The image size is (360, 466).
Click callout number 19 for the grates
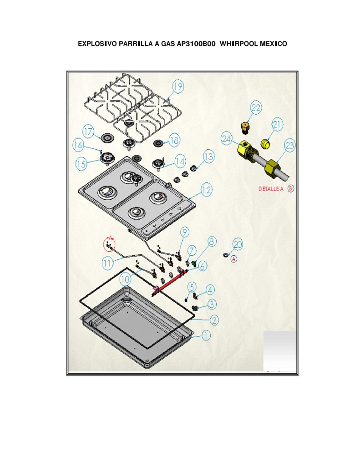(178, 87)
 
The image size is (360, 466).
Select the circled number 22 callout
(256, 107)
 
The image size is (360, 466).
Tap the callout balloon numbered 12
(206, 190)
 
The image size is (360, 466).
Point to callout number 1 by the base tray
(206, 335)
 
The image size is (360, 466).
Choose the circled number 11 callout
(107, 263)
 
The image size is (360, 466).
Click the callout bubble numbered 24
(227, 139)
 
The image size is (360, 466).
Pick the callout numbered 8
(211, 241)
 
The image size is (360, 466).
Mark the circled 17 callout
(88, 132)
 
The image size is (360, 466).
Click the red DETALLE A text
(271, 189)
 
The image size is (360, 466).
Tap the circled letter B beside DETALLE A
(290, 188)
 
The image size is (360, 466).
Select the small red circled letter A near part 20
(234, 259)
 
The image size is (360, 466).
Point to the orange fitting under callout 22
(245, 127)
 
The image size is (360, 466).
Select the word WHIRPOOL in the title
(238, 44)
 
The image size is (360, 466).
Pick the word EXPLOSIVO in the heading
(96, 44)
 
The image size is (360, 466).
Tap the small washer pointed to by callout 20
(226, 255)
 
